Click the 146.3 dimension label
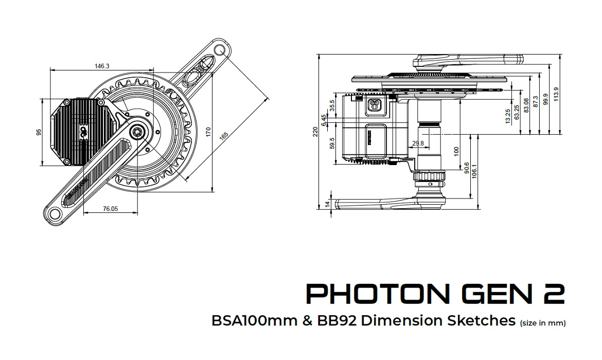(x=102, y=66)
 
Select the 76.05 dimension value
(x=110, y=208)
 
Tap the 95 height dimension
(x=39, y=132)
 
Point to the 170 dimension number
(x=208, y=132)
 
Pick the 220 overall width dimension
(x=315, y=132)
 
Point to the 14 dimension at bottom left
(x=328, y=204)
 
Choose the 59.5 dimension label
(x=332, y=143)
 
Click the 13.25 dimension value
(x=508, y=116)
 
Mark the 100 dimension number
(x=456, y=151)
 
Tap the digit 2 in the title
(x=553, y=293)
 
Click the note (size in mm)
(x=543, y=323)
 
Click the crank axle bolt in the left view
(x=138, y=131)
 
